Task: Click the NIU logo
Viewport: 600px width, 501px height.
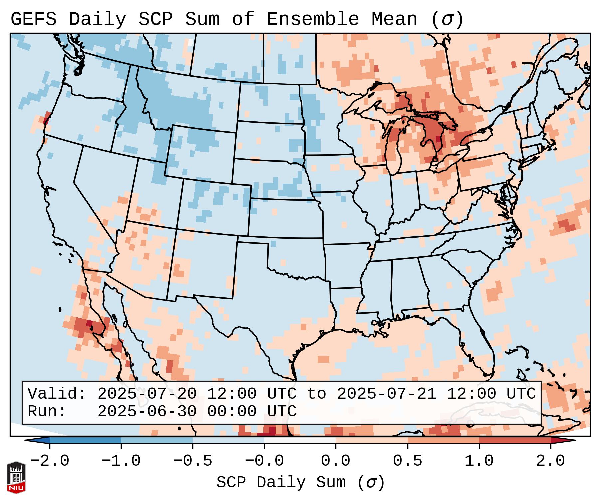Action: coord(16,477)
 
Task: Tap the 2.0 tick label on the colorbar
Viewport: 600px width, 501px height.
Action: coord(550,461)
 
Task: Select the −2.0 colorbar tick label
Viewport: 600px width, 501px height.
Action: coord(50,461)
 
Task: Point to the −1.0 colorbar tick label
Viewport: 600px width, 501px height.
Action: coord(121,461)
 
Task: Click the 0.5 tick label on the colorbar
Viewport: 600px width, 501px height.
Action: coord(407,461)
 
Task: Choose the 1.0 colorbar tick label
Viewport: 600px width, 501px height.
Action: coord(479,461)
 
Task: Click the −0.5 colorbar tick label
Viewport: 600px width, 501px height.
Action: coord(193,461)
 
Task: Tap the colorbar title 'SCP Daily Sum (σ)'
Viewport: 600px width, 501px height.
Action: coord(300,483)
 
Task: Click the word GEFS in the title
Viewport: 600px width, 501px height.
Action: coord(34,19)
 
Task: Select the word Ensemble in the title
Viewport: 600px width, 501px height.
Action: coord(312,19)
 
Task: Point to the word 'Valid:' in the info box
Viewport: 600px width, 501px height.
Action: coord(57,394)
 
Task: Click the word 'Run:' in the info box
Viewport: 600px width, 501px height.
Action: coord(47,411)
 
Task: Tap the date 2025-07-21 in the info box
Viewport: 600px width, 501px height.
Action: coord(386,394)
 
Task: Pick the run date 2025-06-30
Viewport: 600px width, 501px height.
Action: coord(147,411)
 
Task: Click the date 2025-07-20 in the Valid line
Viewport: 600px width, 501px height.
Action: coord(147,394)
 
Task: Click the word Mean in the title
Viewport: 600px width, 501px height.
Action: coord(394,19)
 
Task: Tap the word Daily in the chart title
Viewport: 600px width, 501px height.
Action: coord(97,19)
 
